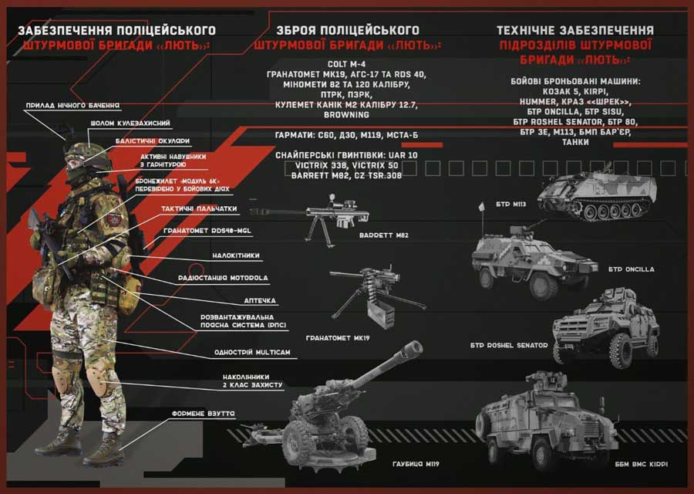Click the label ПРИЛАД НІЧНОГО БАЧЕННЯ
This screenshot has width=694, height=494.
coord(72,106)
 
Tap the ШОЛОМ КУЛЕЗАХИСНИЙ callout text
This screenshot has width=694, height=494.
coord(130,123)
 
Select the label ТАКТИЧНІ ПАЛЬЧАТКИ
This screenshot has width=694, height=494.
coord(199,208)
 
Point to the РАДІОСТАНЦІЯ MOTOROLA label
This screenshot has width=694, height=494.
coord(223,278)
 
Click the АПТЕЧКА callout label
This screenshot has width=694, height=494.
coord(260,301)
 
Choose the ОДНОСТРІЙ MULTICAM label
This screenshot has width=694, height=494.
coord(252,353)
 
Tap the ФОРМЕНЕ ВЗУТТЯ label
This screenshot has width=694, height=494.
coord(204,414)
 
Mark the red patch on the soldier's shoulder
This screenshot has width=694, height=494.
coord(114,219)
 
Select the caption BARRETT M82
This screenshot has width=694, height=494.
coord(384,235)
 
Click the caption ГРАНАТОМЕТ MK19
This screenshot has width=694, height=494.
coord(338,338)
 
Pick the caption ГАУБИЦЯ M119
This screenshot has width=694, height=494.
coord(416,465)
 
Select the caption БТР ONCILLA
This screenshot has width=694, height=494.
coord(631,269)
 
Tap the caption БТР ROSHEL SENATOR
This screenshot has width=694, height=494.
coord(509,346)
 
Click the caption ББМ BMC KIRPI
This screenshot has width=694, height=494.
coord(642,465)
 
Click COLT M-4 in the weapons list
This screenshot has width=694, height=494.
coord(346,64)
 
